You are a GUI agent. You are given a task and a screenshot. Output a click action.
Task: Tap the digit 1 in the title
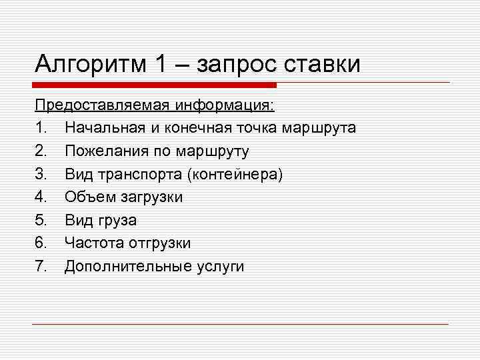159,65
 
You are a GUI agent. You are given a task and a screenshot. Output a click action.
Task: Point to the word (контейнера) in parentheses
235,174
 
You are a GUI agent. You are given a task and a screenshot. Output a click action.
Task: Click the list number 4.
41,197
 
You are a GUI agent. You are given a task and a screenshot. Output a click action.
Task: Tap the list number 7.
41,267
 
